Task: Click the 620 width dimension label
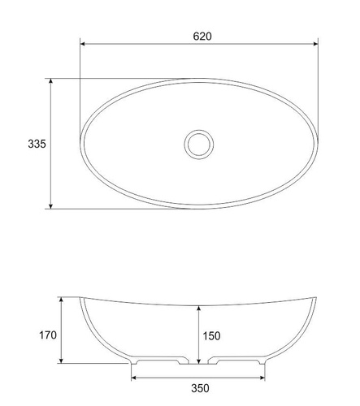[202, 37]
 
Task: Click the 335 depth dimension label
[37, 144]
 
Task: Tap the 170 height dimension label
[48, 335]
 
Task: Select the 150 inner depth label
[211, 336]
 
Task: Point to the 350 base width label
[200, 388]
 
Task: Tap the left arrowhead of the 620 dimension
[83, 44]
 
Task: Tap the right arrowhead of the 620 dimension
[315, 44]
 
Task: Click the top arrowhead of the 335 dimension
[50, 81]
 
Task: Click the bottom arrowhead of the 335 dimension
[50, 206]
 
